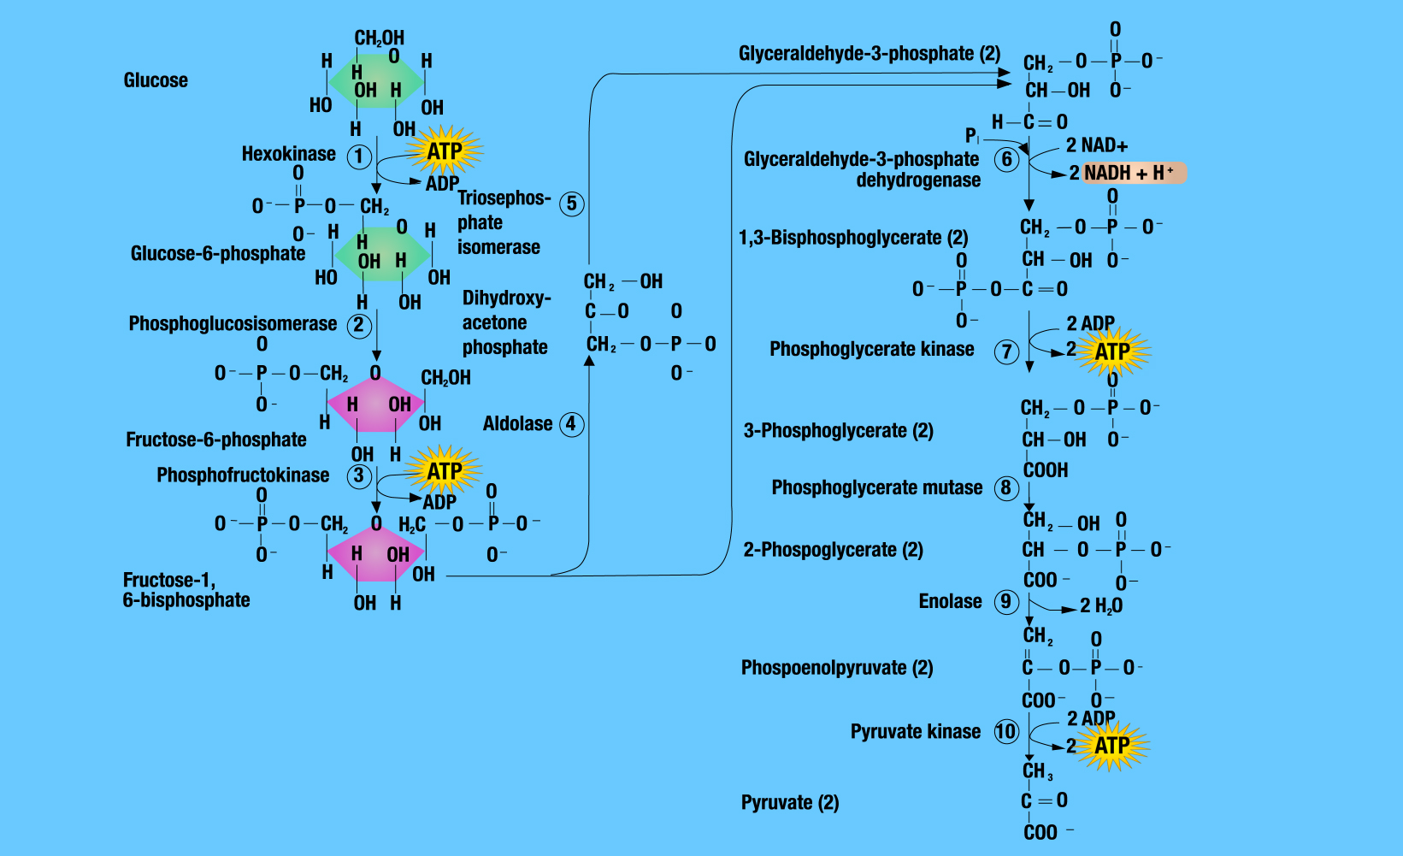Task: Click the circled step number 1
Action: point(359,156)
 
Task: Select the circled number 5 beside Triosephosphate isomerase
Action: point(572,204)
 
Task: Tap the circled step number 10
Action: point(1005,731)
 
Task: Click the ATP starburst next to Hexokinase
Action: point(445,151)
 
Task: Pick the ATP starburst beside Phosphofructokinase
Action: point(445,471)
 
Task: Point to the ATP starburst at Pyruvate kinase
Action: point(1111,746)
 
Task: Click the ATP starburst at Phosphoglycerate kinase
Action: point(1111,351)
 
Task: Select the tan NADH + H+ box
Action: point(1134,173)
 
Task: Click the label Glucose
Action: point(156,80)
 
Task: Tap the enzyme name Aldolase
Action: point(517,423)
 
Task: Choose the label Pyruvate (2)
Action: point(790,802)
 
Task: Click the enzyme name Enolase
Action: point(950,601)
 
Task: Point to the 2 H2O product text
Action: point(1101,605)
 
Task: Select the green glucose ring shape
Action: point(377,82)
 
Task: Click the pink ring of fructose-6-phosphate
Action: point(375,404)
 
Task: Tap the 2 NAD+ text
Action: point(1097,145)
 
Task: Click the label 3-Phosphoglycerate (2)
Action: point(838,430)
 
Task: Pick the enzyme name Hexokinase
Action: point(289,154)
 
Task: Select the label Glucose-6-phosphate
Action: point(218,253)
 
